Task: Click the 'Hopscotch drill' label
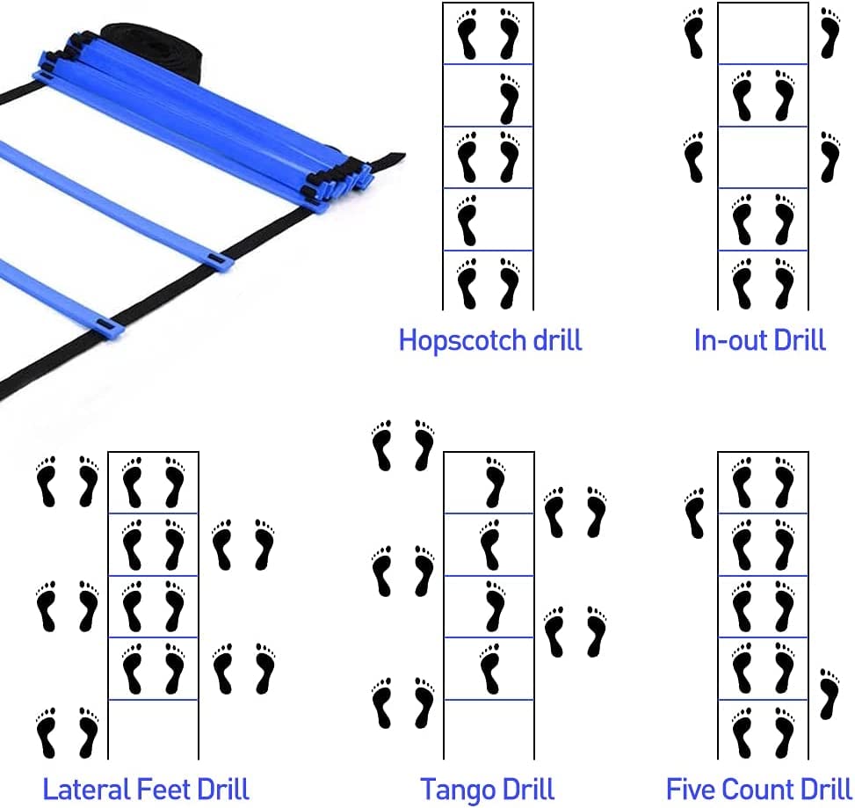point(490,339)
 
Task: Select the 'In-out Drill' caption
point(759,339)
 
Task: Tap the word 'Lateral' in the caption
point(83,788)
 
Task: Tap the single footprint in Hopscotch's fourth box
point(467,220)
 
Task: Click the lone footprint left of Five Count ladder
point(695,513)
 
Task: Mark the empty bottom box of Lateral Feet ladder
point(153,729)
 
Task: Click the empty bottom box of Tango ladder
point(489,729)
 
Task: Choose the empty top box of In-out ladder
point(763,33)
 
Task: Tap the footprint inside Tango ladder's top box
point(495,482)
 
